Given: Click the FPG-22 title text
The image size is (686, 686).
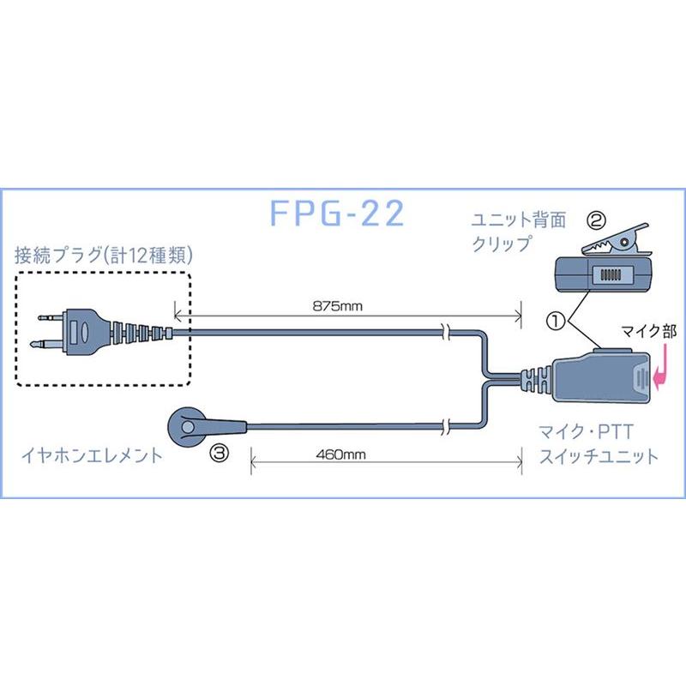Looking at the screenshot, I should tap(336, 214).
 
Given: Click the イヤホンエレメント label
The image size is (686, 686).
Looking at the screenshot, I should tap(89, 456).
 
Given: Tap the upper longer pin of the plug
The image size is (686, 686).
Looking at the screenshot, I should tap(48, 318).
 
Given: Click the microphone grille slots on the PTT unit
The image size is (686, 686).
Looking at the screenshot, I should tap(641, 380).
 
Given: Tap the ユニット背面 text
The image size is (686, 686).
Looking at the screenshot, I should tap(519, 220).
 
